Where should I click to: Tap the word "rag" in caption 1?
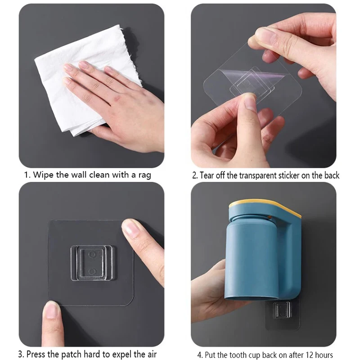[x=144, y=175]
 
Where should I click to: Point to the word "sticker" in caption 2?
[x=289, y=175]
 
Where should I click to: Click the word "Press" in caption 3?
[x=36, y=354]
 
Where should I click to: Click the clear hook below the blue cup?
[x=283, y=310]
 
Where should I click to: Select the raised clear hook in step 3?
[x=92, y=263]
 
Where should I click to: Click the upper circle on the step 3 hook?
[x=92, y=254]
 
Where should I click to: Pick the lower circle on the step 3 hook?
[x=92, y=272]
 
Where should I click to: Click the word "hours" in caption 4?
[x=324, y=355]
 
